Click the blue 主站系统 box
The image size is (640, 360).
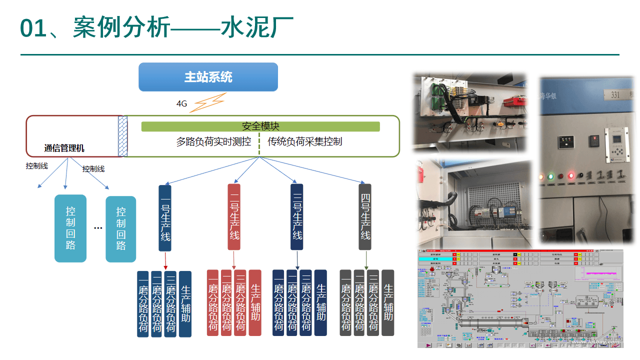pyautogui.click(x=208, y=77)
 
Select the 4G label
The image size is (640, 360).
pyautogui.click(x=181, y=104)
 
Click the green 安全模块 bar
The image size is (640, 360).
pyautogui.click(x=260, y=126)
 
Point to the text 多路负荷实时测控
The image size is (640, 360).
pyautogui.click(x=213, y=141)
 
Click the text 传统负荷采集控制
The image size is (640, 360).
pyautogui.click(x=305, y=141)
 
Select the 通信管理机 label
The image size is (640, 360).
pyautogui.click(x=64, y=148)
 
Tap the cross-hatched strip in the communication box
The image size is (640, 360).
pyautogui.click(x=122, y=136)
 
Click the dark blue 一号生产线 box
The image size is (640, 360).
pyautogui.click(x=165, y=218)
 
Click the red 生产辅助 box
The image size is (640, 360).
pyautogui.click(x=255, y=302)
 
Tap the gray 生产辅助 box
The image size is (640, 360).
pyautogui.click(x=388, y=302)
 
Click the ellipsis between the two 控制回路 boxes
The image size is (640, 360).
pyautogui.click(x=98, y=228)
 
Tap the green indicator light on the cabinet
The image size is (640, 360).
pyautogui.click(x=550, y=176)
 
